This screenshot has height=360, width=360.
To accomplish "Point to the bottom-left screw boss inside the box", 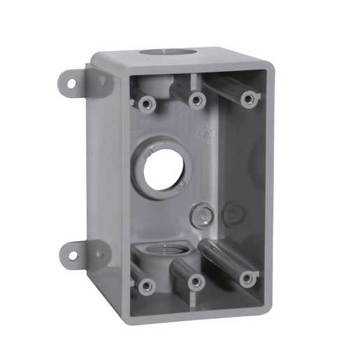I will coord(145,285).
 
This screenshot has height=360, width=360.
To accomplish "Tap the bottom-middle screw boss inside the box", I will coord(196,282).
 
